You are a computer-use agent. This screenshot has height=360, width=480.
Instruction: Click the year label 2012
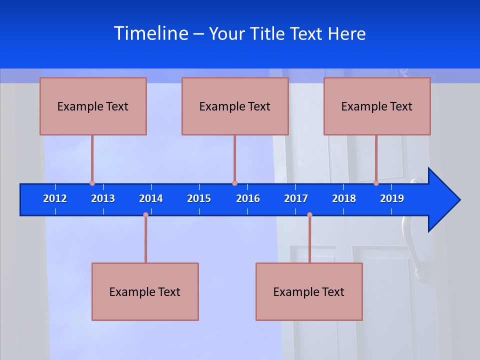tap(55, 198)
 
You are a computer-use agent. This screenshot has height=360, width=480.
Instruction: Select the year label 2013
tap(103, 198)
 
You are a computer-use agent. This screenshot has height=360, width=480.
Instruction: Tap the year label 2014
tap(151, 198)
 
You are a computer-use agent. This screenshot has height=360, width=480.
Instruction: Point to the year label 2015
tap(199, 198)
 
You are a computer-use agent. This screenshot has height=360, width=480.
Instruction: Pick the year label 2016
tap(248, 198)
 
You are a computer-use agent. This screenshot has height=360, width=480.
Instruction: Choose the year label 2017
tap(296, 198)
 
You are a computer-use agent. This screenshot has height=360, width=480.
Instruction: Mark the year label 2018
tap(344, 198)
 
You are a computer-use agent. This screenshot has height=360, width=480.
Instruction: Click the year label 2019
tap(392, 198)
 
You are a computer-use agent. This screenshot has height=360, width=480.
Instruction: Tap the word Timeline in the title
tap(151, 33)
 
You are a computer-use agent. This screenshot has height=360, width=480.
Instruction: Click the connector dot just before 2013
tap(92, 183)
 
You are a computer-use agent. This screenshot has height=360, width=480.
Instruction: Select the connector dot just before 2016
tap(234, 183)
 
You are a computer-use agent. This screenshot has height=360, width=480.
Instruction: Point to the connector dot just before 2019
tap(376, 183)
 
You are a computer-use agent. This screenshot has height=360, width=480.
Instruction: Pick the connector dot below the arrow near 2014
tap(145, 215)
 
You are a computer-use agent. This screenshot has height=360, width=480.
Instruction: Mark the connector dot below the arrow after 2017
tap(309, 215)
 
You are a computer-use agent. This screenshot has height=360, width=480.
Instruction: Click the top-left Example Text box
tap(93, 106)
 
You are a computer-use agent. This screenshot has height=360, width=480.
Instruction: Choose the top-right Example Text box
tap(377, 106)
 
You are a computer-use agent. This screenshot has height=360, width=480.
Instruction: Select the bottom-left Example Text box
tap(145, 291)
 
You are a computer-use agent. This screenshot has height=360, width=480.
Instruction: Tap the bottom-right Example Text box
tap(309, 291)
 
